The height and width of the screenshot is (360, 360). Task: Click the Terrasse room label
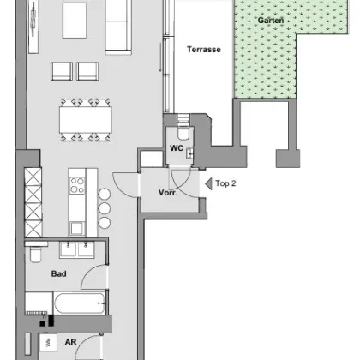click(204, 50)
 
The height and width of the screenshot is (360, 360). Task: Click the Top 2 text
click(226, 183)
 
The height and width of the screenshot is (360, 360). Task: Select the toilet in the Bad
click(33, 256)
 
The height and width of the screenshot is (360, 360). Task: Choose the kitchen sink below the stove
click(76, 227)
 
